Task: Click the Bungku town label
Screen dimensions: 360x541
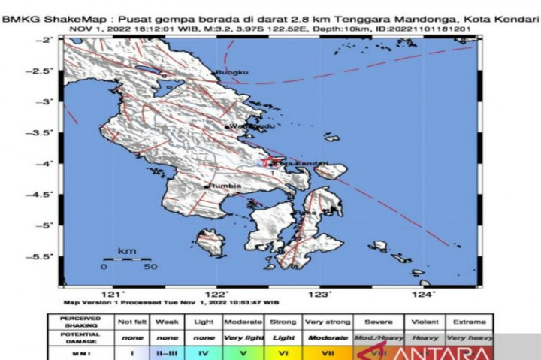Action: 232,72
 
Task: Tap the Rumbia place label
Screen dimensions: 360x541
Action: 225,185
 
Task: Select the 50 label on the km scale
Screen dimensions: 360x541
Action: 150,266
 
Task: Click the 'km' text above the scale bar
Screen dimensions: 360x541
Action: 126,250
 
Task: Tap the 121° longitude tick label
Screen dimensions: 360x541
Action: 115,294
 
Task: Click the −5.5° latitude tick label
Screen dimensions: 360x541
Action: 44,256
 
